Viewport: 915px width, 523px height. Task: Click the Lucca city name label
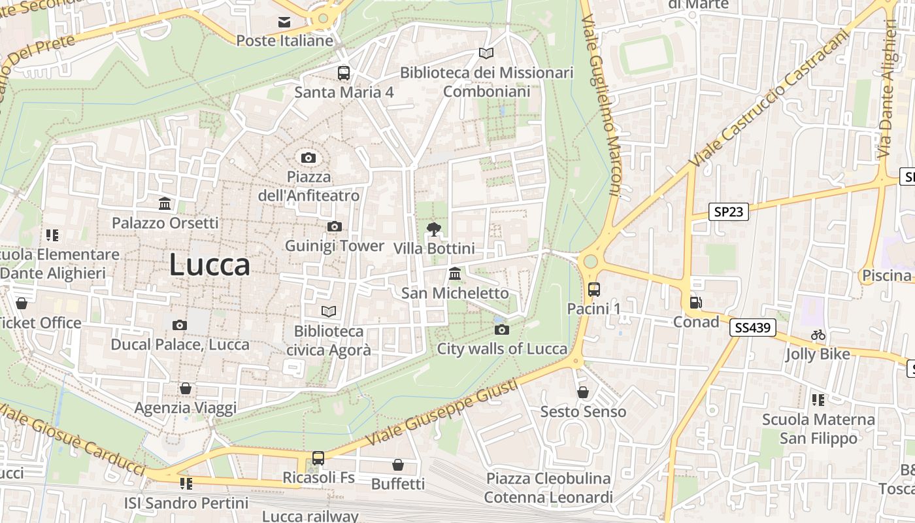click(x=209, y=265)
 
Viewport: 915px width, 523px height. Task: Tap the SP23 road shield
click(x=729, y=212)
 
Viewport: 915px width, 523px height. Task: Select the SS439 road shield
click(x=753, y=328)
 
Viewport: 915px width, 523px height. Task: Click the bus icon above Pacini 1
click(x=593, y=289)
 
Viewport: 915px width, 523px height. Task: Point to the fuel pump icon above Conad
click(x=696, y=303)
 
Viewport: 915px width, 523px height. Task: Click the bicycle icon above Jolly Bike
click(x=818, y=335)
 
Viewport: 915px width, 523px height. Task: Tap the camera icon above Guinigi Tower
click(x=334, y=227)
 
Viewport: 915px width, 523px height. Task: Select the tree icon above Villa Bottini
click(x=433, y=229)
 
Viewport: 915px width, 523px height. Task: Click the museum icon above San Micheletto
click(x=455, y=274)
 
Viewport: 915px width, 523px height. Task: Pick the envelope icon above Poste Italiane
click(x=284, y=22)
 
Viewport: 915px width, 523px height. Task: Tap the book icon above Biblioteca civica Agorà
click(x=328, y=312)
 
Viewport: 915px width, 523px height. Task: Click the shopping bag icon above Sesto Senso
click(x=582, y=392)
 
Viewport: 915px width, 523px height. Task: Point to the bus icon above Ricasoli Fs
click(x=318, y=458)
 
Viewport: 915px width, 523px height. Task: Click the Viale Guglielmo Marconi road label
click(x=603, y=105)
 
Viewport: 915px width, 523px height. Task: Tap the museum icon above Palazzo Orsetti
click(x=165, y=204)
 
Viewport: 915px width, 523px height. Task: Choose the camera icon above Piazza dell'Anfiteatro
click(x=308, y=158)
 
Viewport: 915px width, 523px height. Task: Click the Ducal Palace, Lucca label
click(x=180, y=345)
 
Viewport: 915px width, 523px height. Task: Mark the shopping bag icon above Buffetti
click(x=397, y=465)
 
